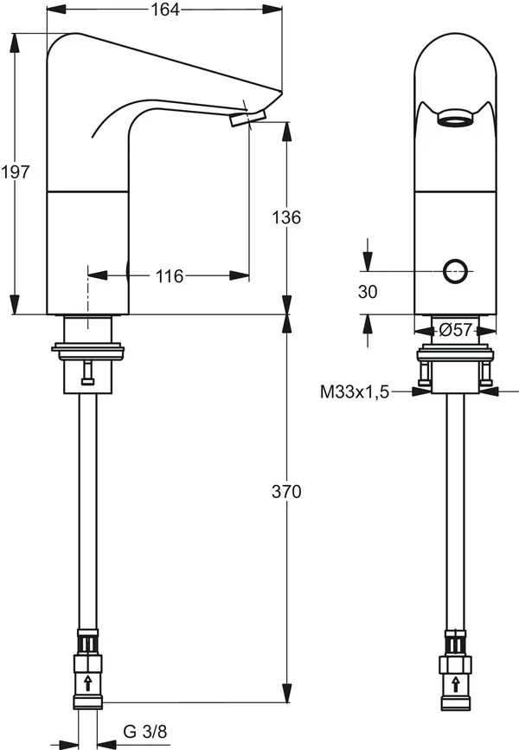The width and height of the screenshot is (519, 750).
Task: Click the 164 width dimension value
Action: tap(165, 10)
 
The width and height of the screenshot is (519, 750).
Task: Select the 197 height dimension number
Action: tap(15, 172)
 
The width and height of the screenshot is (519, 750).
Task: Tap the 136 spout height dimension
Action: tap(286, 217)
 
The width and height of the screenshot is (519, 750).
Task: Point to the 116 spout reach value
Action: tap(169, 276)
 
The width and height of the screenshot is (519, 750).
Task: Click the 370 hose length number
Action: tap(286, 492)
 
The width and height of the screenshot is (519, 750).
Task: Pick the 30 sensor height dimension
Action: tap(368, 293)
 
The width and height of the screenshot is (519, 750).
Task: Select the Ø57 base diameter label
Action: tap(455, 330)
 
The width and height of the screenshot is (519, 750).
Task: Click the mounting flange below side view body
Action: tap(87, 351)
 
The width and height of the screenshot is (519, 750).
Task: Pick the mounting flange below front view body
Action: tap(455, 353)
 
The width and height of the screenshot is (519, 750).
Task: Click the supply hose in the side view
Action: tap(87, 511)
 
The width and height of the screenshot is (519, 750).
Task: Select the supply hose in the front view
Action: tap(455, 511)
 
